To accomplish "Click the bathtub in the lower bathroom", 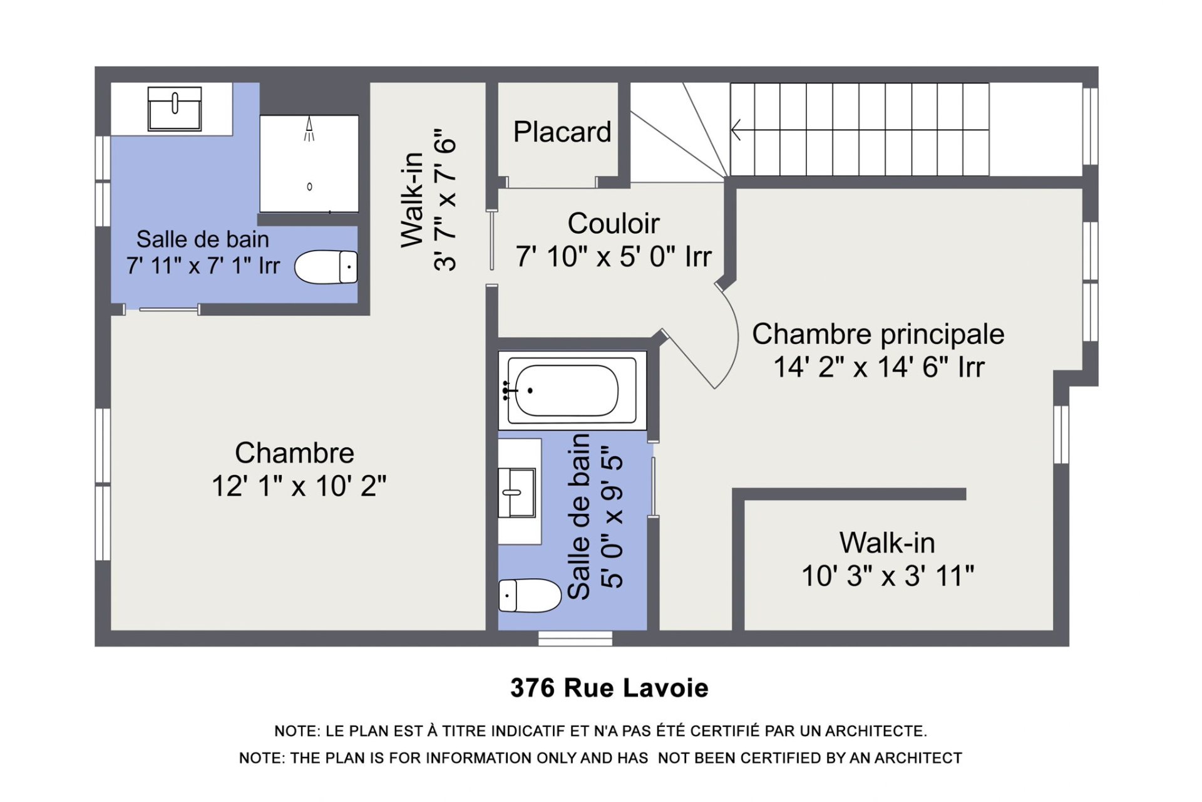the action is pos(572,390).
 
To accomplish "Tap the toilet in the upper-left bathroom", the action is pos(326,267).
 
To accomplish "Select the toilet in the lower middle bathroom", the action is pos(530,595).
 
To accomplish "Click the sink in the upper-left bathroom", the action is pos(175,108).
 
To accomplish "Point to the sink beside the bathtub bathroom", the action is pos(517,492).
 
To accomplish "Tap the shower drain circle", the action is pos(309,187).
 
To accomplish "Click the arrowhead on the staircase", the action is pos(736,130).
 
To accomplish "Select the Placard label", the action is pos(562,132).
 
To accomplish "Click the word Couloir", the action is pos(614,223).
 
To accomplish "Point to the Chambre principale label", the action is pos(878,334).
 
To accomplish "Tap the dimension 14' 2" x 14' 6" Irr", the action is pos(879,367).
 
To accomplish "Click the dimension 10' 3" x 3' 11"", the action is pos(888,575).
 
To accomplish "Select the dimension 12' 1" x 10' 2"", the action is pos(299,486).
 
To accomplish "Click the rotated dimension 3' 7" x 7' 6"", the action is pos(445,200).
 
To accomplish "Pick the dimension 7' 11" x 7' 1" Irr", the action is pos(203,266).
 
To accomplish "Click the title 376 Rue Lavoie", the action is pos(609,688).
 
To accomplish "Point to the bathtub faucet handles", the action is pos(506,390).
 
